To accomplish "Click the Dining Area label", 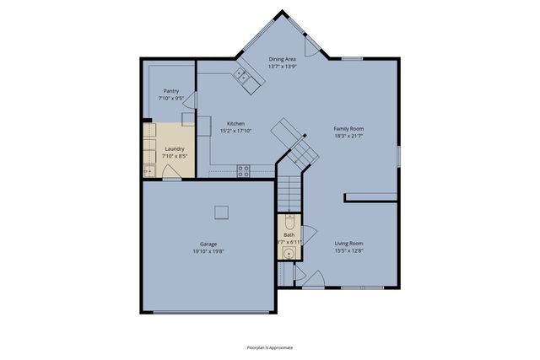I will (283, 59).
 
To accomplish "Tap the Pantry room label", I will (171, 90).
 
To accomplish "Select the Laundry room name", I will (174, 148).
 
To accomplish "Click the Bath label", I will (289, 235).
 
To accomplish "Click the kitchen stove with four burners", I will (244, 169).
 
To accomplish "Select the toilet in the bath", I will (289, 223).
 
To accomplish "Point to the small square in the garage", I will (222, 211).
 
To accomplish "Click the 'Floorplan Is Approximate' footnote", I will (270, 347).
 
